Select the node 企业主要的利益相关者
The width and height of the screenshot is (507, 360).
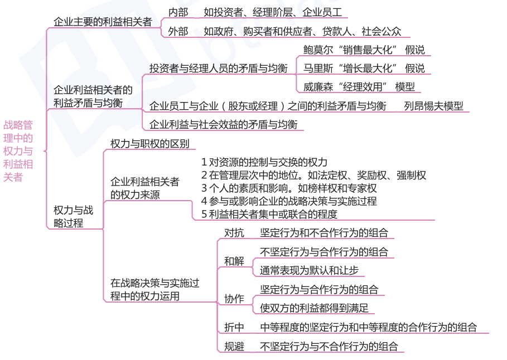pyautogui.click(x=103, y=22)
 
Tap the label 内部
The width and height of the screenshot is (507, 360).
pyautogui.click(x=178, y=12)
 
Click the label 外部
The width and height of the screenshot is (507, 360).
pyautogui.click(x=178, y=32)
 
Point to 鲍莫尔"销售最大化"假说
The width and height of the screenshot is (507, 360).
pyautogui.click(x=364, y=50)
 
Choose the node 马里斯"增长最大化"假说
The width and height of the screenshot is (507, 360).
pyautogui.click(x=364, y=69)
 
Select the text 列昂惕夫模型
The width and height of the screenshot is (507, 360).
pyautogui.click(x=433, y=106)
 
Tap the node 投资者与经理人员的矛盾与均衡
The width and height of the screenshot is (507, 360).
pyautogui.click(x=218, y=69)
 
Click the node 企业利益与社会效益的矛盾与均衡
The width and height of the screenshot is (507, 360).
pyautogui.click(x=223, y=124)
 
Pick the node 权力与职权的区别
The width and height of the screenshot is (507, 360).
pyautogui.click(x=149, y=143)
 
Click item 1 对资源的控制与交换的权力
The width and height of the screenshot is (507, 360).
pyautogui.click(x=264, y=162)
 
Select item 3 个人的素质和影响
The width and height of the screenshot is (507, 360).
pyautogui.click(x=289, y=188)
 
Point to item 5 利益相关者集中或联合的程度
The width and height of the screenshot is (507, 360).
pyautogui.click(x=269, y=213)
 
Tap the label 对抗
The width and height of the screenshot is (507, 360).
pyautogui.click(x=234, y=233)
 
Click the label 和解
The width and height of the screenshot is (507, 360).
pyautogui.click(x=234, y=261)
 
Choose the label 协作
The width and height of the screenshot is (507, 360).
pyautogui.click(x=234, y=299)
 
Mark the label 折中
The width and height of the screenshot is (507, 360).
pyautogui.click(x=234, y=327)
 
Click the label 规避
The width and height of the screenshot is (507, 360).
pyautogui.click(x=234, y=347)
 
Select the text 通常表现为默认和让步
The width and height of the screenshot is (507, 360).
pyautogui.click(x=309, y=271)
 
